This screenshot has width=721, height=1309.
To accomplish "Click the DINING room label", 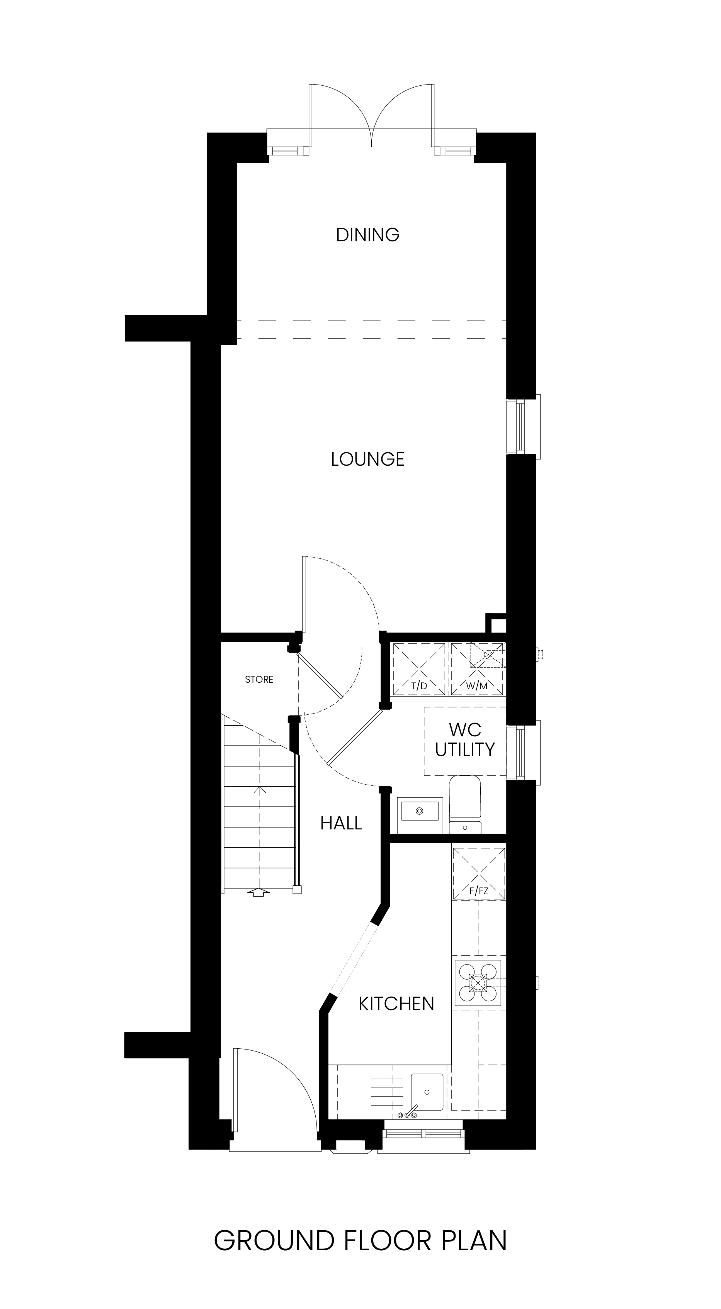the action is coord(367,235).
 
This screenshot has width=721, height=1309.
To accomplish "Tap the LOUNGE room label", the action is coord(367,460).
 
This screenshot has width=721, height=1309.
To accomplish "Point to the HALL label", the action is coord(341,823).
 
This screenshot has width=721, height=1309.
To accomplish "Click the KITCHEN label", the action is coord(396,1004).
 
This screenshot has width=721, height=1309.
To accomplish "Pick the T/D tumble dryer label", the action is coord(419,686).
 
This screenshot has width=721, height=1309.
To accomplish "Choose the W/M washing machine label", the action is coord(477,686).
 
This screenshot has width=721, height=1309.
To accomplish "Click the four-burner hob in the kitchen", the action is coord(478,983).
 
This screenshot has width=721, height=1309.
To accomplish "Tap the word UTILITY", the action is coord(465,749).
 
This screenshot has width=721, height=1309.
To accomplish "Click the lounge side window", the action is coord(523,426).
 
